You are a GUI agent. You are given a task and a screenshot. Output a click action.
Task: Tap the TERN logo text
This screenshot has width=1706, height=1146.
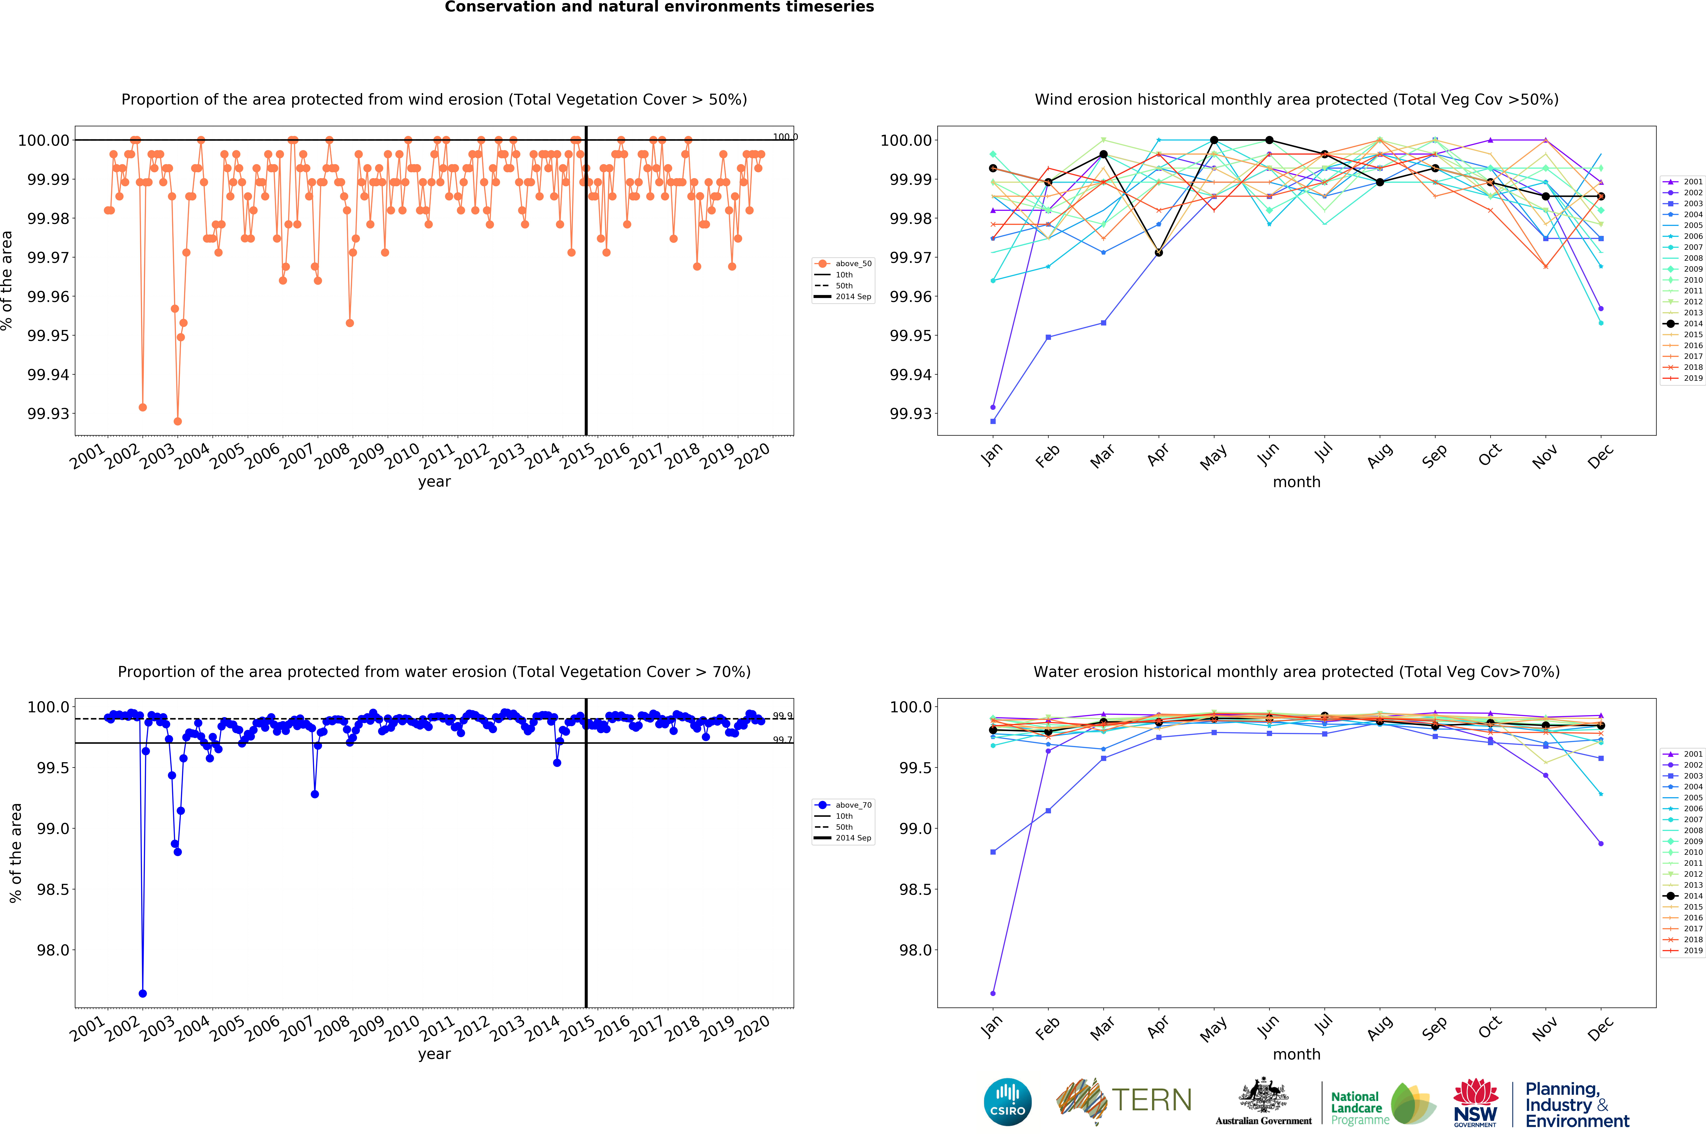point(1151,1100)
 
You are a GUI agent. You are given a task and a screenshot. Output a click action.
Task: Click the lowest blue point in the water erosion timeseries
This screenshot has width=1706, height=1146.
point(142,993)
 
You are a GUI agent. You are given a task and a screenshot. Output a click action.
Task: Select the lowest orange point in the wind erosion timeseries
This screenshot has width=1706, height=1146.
point(178,421)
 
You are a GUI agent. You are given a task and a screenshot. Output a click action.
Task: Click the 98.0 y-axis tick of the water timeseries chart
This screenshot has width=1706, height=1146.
point(53,950)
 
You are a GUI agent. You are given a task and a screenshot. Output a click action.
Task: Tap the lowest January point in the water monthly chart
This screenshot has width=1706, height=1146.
point(993,993)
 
